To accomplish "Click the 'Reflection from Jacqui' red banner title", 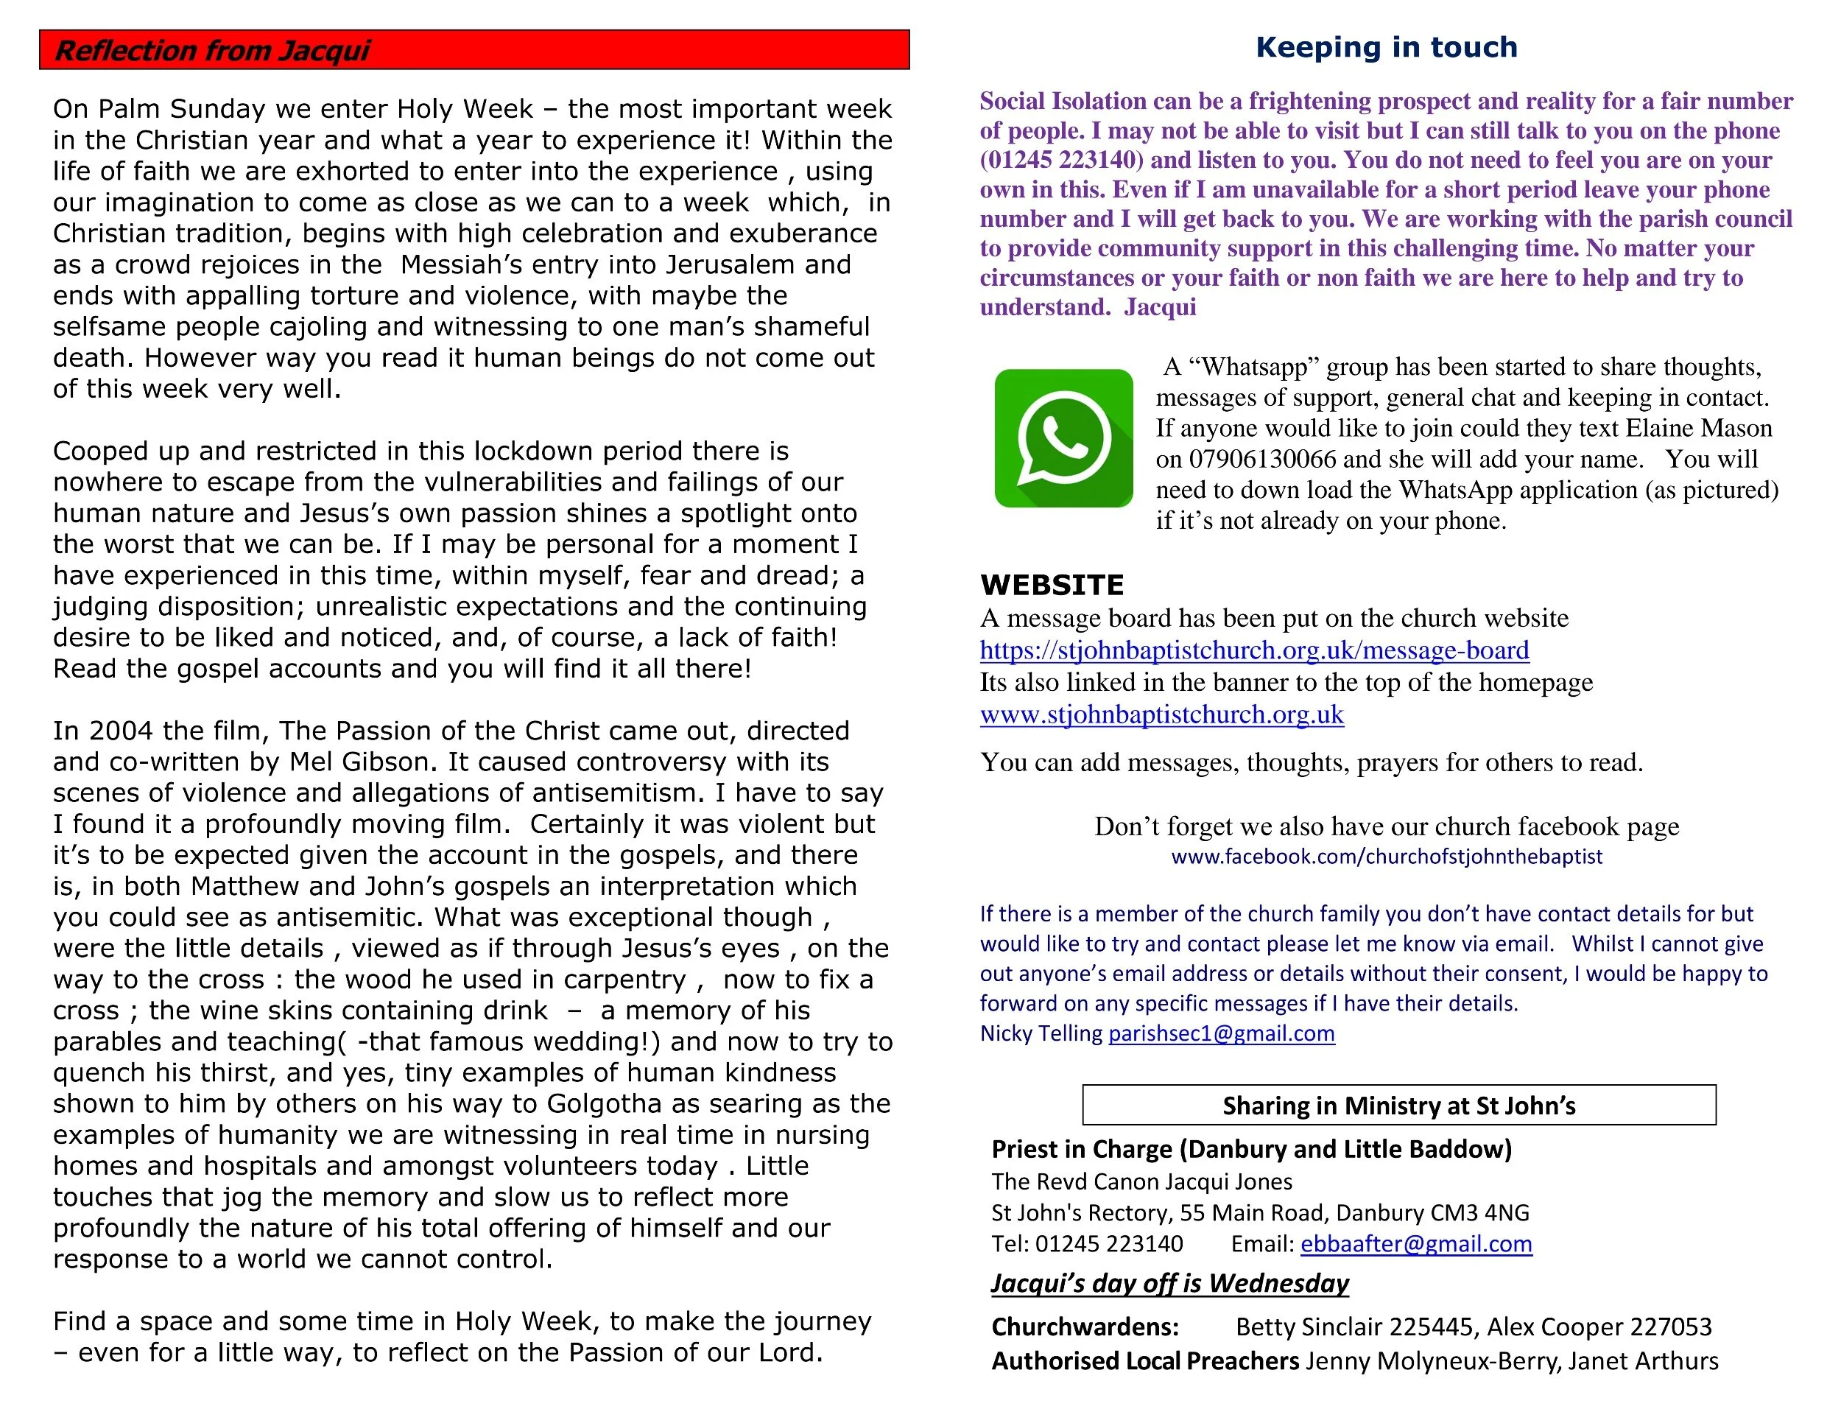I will click(212, 51).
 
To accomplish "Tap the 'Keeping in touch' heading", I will click(1386, 47).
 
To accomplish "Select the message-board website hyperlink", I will click(1253, 650).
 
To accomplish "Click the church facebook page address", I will click(1386, 857).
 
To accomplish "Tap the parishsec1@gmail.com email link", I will click(1221, 1033).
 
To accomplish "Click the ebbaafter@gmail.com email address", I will click(1415, 1243).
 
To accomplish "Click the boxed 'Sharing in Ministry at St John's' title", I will click(1398, 1106).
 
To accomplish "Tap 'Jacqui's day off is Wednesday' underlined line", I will click(1169, 1283).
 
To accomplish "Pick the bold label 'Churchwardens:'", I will click(1084, 1327).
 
